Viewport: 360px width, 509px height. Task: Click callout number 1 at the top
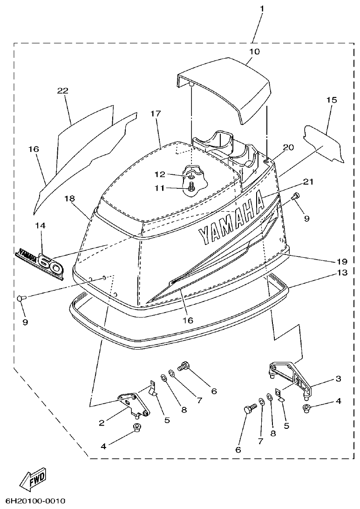pyautogui.click(x=262, y=9)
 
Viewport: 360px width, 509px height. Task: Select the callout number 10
pyautogui.click(x=254, y=51)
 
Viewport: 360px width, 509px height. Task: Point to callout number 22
pyautogui.click(x=63, y=90)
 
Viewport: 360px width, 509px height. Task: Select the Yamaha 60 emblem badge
pyautogui.click(x=40, y=261)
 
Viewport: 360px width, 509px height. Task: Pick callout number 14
pyautogui.click(x=41, y=225)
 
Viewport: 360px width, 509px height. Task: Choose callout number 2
pyautogui.click(x=101, y=423)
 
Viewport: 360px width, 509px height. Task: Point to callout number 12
pyautogui.click(x=160, y=174)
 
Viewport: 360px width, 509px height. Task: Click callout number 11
pyautogui.click(x=160, y=188)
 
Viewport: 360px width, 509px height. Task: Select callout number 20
pyautogui.click(x=288, y=147)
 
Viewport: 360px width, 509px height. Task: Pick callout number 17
pyautogui.click(x=156, y=113)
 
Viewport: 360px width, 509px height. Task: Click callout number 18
pyautogui.click(x=70, y=198)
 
